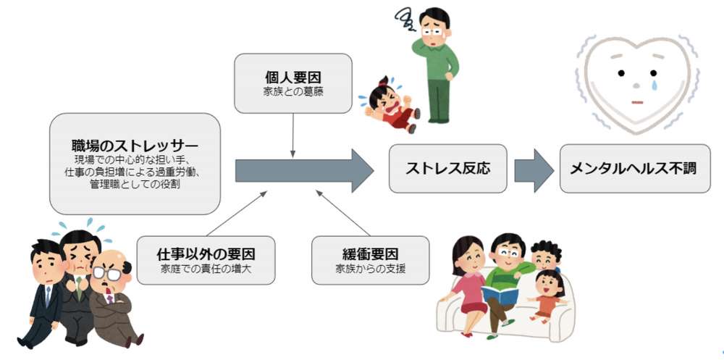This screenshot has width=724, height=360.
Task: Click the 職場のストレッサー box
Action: pos(135,163)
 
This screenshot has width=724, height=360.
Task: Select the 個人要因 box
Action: pos(292,83)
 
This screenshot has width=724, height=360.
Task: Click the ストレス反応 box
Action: pos(448,169)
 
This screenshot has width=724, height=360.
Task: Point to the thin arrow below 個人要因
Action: pos(292,134)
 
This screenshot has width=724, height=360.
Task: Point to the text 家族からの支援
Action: pos(370,270)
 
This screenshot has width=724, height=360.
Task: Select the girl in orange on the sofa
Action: pos(548,293)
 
